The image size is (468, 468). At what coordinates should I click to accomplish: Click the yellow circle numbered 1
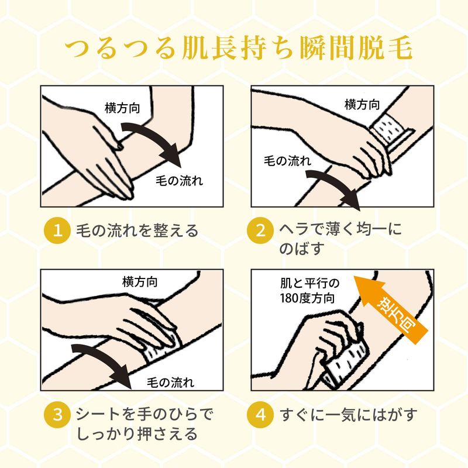tap(57, 230)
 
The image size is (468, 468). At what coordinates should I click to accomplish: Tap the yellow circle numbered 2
tap(260, 230)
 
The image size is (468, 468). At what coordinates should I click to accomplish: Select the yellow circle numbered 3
tap(57, 415)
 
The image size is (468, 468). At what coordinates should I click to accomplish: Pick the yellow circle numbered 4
tap(260, 415)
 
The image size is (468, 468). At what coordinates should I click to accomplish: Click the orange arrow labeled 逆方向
tap(391, 311)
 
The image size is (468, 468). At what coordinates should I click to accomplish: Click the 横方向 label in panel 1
tap(122, 108)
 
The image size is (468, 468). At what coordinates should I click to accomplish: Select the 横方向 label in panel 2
tap(362, 105)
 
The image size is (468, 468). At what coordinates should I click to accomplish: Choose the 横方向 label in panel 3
tap(140, 282)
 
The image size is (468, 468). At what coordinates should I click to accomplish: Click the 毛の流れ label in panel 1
tap(179, 181)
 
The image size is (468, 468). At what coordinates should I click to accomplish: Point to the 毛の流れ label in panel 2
tap(287, 161)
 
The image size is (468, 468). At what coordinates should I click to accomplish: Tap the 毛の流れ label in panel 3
tap(170, 383)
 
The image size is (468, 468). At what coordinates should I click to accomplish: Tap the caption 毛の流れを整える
tap(137, 230)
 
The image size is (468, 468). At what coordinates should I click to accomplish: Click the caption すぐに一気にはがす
tap(348, 415)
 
